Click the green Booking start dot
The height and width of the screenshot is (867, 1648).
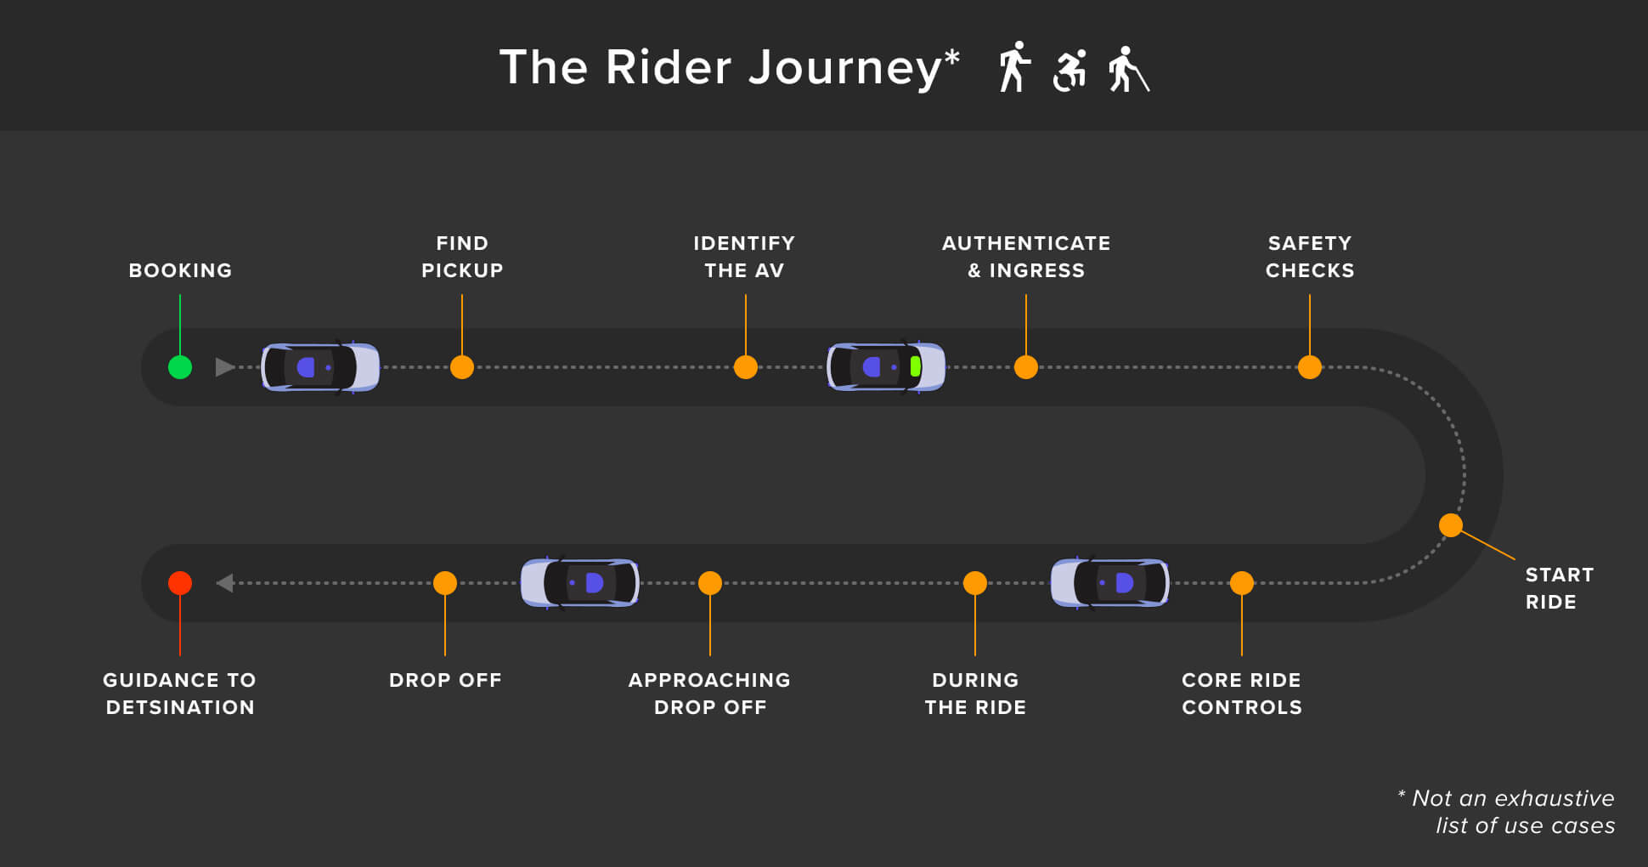[180, 367]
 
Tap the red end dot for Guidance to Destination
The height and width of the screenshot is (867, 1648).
[180, 583]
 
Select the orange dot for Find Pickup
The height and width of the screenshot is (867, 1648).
[462, 367]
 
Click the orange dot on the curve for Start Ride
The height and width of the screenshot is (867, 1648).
[1451, 525]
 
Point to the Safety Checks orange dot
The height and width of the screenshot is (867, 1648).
[1310, 367]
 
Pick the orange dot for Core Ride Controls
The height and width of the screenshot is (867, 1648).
[1242, 583]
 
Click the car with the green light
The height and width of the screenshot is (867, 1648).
[886, 367]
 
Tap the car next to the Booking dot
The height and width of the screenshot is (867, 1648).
[320, 367]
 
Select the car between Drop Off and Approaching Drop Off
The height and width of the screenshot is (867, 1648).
[579, 583]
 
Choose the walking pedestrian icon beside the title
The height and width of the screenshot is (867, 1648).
[1013, 67]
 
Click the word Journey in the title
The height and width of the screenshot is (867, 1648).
[845, 68]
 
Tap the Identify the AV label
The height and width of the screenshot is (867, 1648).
[744, 257]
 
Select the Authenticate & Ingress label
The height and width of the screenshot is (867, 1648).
[1026, 257]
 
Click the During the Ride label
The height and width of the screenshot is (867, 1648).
[975, 694]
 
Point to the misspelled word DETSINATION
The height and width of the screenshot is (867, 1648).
[180, 707]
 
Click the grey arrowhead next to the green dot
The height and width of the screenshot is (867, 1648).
[224, 367]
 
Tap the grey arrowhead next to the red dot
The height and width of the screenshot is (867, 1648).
[225, 583]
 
